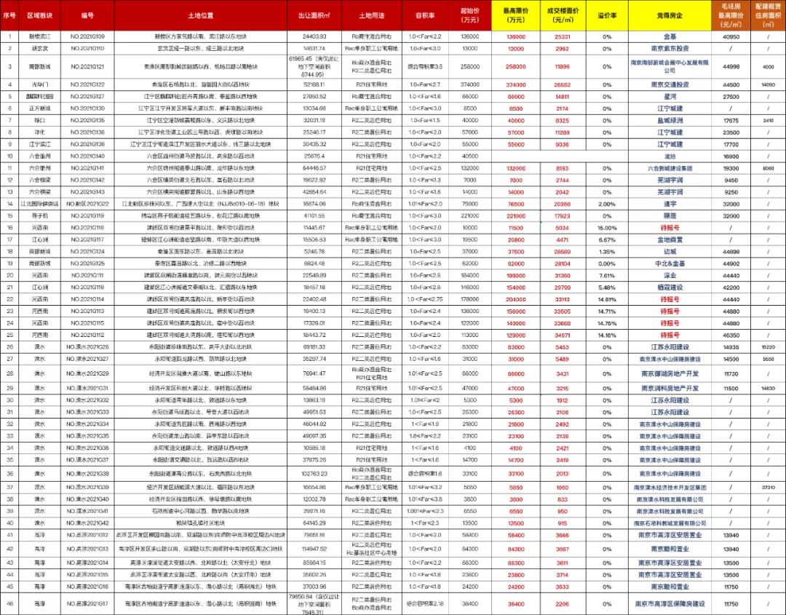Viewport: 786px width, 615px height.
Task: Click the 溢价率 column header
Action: [x=607, y=15]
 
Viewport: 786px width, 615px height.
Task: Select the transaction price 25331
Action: [x=562, y=36]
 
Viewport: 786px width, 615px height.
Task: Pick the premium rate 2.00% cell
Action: [x=607, y=205]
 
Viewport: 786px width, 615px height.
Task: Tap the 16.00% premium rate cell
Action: [x=607, y=228]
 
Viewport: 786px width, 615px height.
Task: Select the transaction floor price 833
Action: [x=562, y=499]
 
